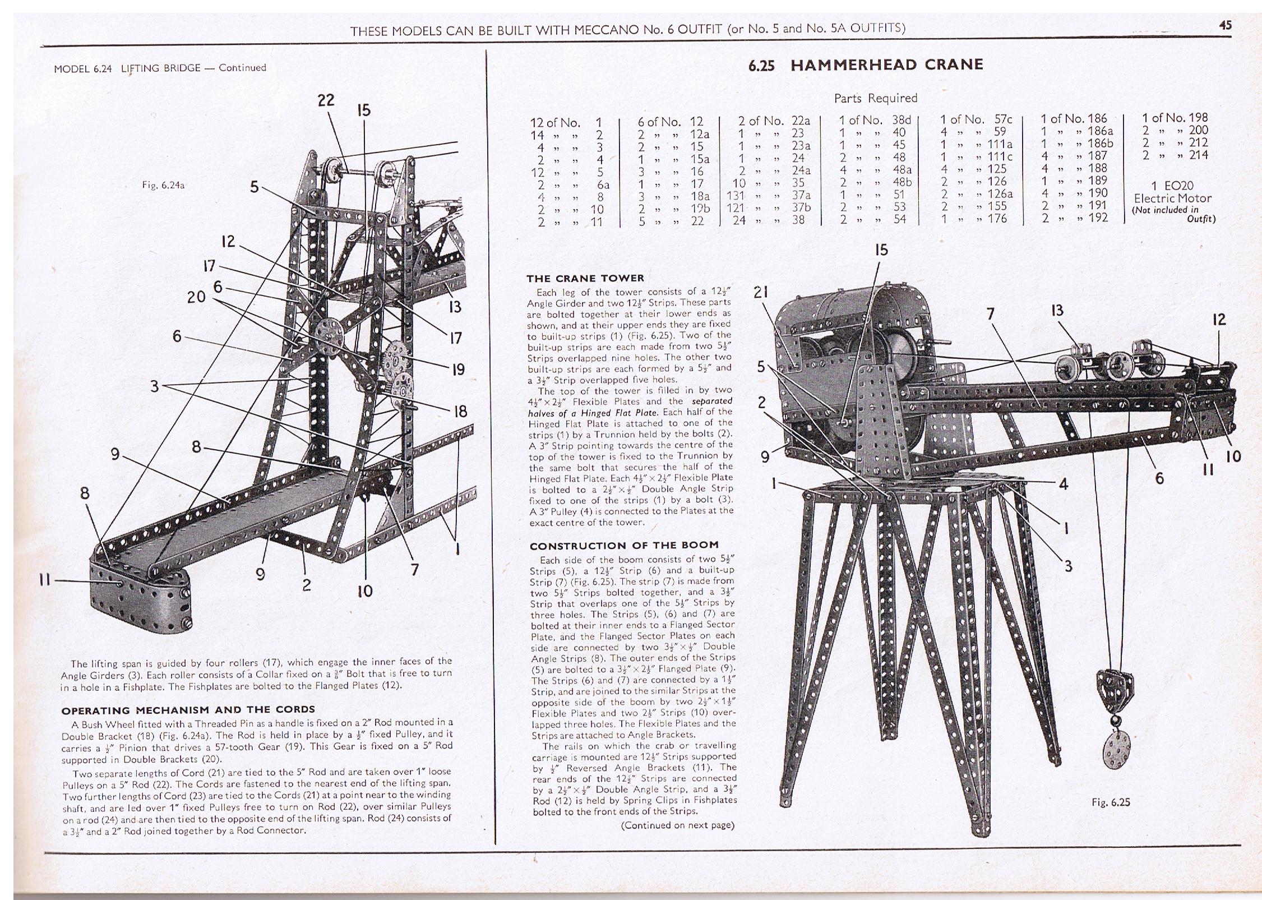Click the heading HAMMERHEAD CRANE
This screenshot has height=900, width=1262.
(886, 64)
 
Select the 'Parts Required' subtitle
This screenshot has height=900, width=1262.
(875, 98)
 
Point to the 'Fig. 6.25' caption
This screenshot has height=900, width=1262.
(1111, 802)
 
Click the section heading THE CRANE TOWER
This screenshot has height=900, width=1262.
(585, 278)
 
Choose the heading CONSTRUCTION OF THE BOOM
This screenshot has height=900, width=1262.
(624, 545)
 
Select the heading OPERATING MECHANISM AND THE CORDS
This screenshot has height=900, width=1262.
(188, 709)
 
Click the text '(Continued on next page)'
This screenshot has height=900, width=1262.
(678, 825)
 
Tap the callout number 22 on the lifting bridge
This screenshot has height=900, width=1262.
(326, 100)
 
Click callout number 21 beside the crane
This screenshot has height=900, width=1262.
(760, 292)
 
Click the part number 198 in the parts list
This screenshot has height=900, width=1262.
(1198, 118)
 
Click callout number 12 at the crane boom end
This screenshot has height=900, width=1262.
(1219, 320)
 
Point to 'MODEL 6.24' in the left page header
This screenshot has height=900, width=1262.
(83, 68)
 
